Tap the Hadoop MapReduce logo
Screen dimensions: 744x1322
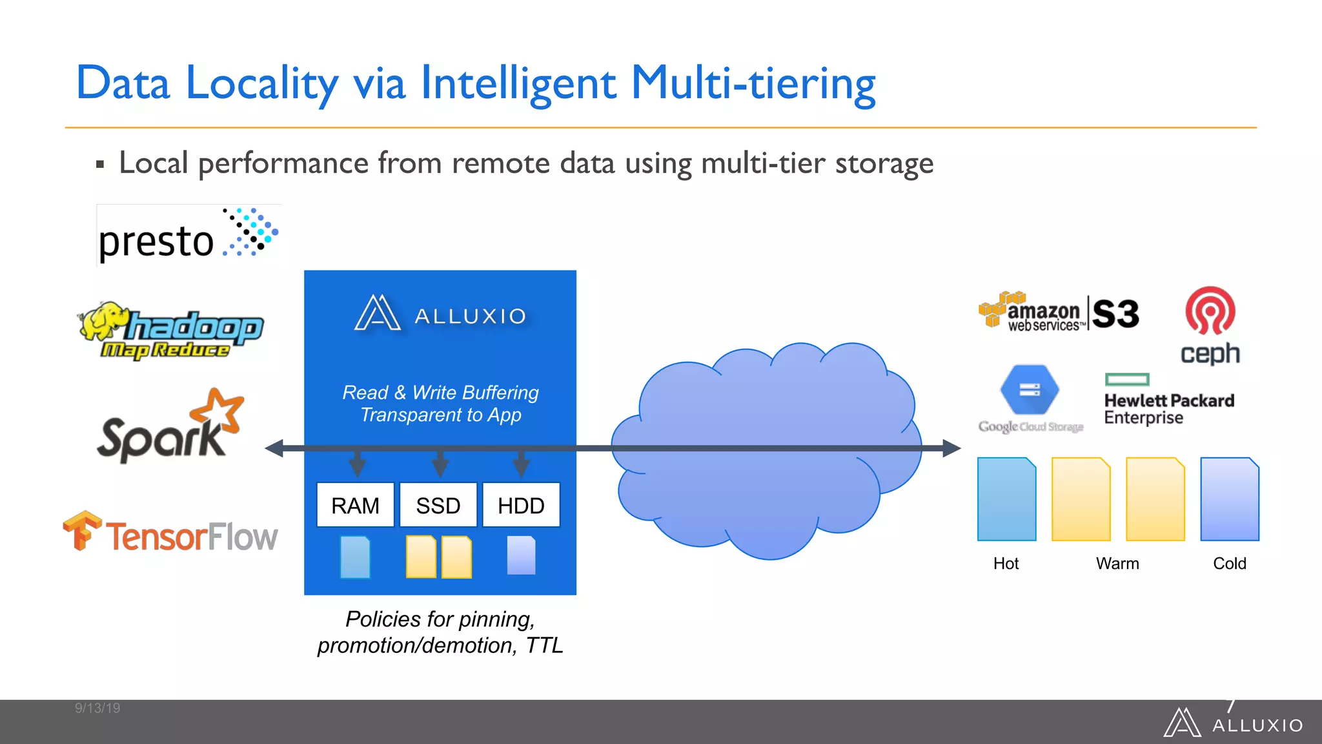172,330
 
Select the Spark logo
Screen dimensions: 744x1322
170,426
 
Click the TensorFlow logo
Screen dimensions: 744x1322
170,533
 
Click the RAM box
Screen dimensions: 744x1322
355,505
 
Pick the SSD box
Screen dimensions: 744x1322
438,505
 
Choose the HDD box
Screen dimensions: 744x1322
521,505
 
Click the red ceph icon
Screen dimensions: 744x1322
1210,311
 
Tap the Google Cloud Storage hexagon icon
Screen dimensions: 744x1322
1030,389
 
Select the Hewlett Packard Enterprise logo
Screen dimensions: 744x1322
1168,400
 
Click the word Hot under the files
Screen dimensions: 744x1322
1006,564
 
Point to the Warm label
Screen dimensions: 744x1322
1117,564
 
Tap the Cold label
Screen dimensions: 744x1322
1230,564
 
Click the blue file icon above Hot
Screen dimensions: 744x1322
1006,499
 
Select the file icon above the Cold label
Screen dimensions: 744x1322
1230,499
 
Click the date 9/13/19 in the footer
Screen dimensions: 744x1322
97,708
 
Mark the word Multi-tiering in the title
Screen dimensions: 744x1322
753,84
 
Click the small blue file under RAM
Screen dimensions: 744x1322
355,557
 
